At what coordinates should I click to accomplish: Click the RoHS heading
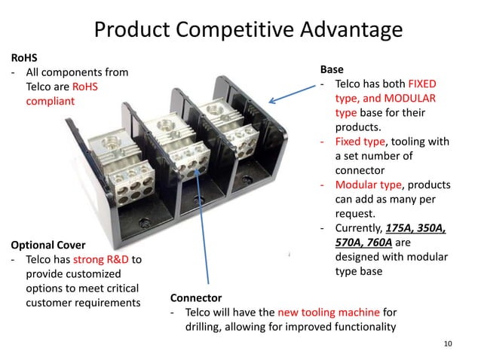click(x=23, y=56)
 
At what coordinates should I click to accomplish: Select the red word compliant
click(x=51, y=100)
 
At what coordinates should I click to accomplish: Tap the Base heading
click(x=332, y=69)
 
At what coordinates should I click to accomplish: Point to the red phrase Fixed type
click(x=359, y=141)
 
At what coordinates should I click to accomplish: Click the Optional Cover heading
click(x=47, y=245)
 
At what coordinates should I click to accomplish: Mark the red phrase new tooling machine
click(x=328, y=313)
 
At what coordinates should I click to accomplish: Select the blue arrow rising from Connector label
click(x=202, y=226)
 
